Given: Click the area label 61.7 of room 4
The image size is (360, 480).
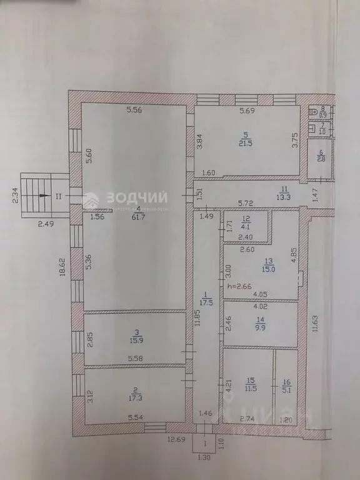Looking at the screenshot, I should click(136, 217).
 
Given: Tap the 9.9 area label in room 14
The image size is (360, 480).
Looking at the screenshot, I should click(260, 329).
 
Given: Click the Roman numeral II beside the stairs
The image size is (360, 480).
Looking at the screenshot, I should click(58, 196).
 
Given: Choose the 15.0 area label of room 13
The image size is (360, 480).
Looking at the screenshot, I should click(269, 266).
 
